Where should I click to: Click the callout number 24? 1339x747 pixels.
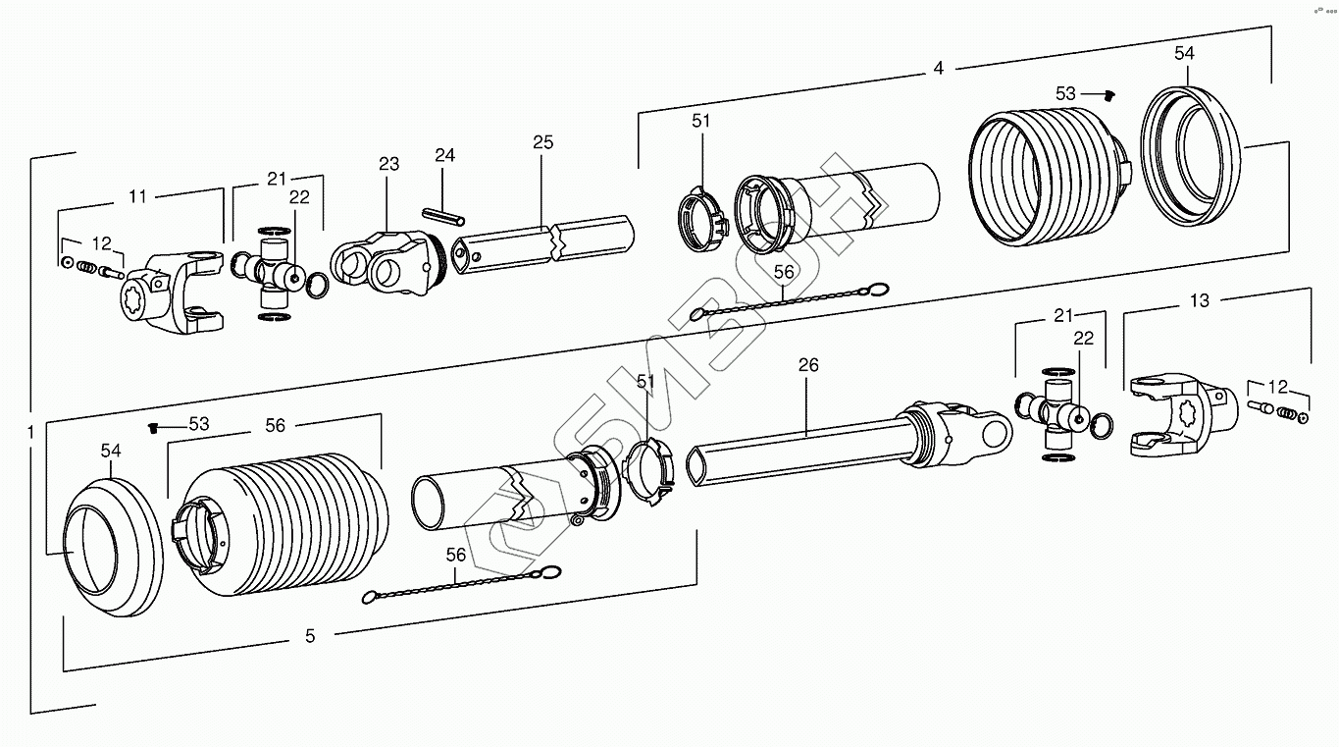pyautogui.click(x=445, y=156)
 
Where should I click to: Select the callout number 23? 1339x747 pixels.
pyautogui.click(x=389, y=164)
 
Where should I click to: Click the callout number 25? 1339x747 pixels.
pyautogui.click(x=542, y=143)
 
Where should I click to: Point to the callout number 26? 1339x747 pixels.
pyautogui.click(x=808, y=365)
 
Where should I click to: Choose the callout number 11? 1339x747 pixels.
pyautogui.click(x=137, y=196)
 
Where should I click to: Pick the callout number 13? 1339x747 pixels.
pyautogui.click(x=1200, y=301)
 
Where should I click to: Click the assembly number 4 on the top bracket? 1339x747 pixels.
pyautogui.click(x=939, y=69)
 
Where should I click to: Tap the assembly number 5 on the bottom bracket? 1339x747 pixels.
pyautogui.click(x=310, y=636)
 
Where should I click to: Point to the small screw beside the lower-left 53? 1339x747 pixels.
pyautogui.click(x=152, y=427)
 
